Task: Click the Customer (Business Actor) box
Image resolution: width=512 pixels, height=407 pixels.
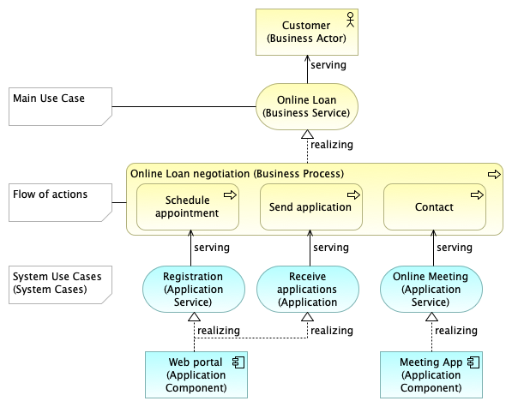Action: (x=307, y=32)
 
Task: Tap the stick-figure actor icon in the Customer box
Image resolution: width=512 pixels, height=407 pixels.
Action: (x=351, y=20)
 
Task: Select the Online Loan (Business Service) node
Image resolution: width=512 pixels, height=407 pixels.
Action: (x=307, y=106)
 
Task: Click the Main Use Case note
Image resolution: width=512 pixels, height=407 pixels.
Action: (x=60, y=106)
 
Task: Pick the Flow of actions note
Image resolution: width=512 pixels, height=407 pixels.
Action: (x=60, y=202)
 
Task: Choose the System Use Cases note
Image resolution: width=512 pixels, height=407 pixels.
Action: (x=60, y=284)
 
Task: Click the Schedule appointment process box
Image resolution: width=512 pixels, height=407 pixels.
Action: (x=188, y=206)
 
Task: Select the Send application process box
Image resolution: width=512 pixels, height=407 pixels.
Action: (x=311, y=206)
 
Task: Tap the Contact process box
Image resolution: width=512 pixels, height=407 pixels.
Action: (x=435, y=206)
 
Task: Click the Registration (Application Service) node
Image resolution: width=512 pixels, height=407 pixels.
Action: (x=194, y=290)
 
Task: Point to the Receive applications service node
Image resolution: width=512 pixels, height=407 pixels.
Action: (x=308, y=290)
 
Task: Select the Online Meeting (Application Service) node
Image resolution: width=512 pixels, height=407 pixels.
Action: (x=431, y=290)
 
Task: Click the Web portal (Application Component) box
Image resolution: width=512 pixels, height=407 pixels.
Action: (x=196, y=374)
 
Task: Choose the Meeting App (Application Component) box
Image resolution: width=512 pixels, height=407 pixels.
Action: (x=431, y=374)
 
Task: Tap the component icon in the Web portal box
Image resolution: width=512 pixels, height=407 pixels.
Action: (x=238, y=362)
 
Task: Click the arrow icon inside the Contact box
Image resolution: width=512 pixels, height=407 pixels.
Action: (x=477, y=195)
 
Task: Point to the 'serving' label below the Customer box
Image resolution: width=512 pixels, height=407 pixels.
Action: (x=328, y=65)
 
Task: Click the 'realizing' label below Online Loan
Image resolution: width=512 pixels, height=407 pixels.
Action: (x=331, y=145)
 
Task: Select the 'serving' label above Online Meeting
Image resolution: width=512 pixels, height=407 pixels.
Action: (x=455, y=248)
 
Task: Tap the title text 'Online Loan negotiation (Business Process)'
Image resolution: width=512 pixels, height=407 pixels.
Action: (x=237, y=173)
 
